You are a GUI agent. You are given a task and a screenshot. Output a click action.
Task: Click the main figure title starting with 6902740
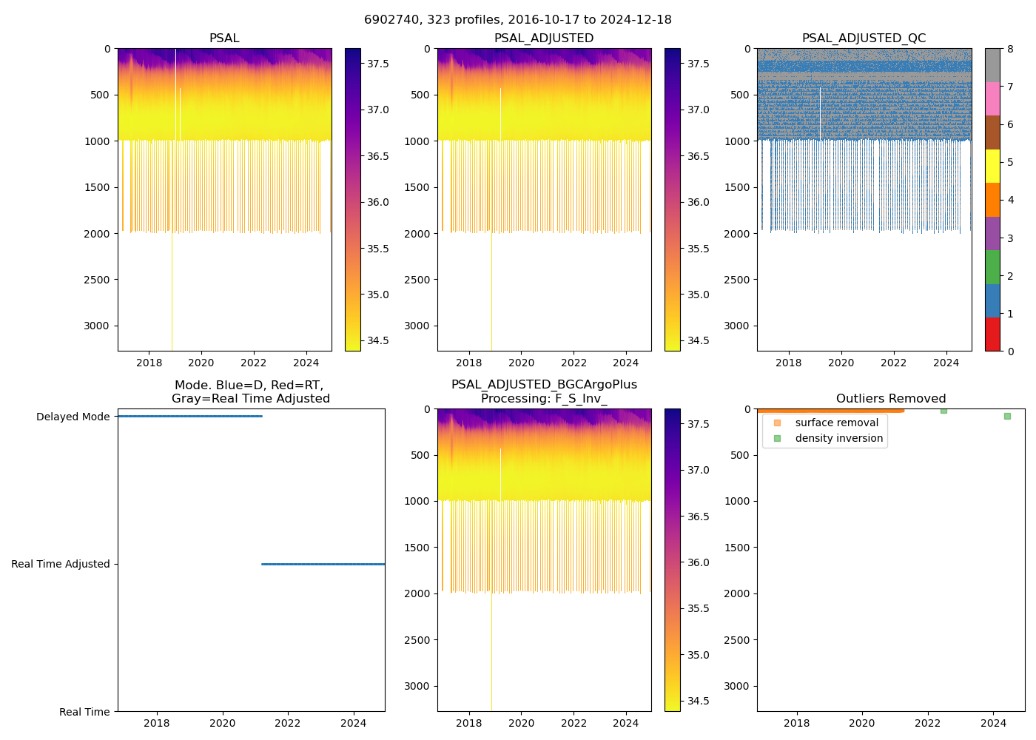tap(518, 20)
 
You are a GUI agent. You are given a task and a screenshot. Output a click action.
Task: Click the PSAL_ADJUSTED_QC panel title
tap(864, 38)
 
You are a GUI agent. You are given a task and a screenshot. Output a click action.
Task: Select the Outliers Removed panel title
tap(890, 399)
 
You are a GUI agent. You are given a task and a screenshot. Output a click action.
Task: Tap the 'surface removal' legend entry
tap(836, 423)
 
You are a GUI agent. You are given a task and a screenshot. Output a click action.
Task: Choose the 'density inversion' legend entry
tap(838, 438)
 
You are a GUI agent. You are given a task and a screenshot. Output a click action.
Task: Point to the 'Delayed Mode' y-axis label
tap(73, 417)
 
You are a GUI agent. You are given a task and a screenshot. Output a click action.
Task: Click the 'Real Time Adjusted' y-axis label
tap(61, 564)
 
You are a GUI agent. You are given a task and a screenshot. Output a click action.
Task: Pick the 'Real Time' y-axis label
tap(84, 712)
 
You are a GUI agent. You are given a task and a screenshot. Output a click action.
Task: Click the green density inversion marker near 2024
tap(1007, 416)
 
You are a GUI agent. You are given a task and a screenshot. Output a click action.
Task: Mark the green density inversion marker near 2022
tap(943, 410)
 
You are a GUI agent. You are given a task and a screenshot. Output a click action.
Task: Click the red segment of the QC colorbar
tap(992, 334)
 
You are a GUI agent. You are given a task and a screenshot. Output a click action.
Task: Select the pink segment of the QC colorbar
tap(992, 98)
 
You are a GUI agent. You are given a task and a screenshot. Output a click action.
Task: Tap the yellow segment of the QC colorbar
tap(992, 166)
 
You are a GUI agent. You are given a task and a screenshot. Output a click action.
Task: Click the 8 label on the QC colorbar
tap(1010, 49)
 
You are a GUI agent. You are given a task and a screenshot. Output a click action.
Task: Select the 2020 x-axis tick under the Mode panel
tap(222, 723)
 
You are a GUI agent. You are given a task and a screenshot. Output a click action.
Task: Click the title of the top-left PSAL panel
tap(224, 38)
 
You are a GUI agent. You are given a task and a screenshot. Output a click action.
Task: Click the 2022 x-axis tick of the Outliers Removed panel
tap(927, 723)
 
